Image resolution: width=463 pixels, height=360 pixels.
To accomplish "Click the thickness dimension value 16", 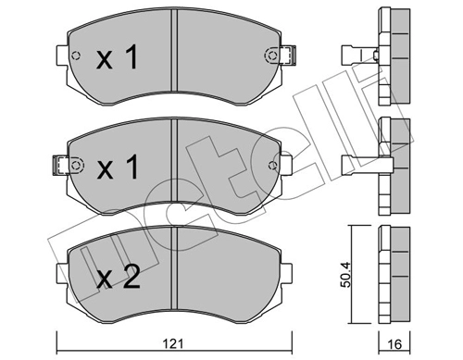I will pyautogui.click(x=394, y=340).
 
